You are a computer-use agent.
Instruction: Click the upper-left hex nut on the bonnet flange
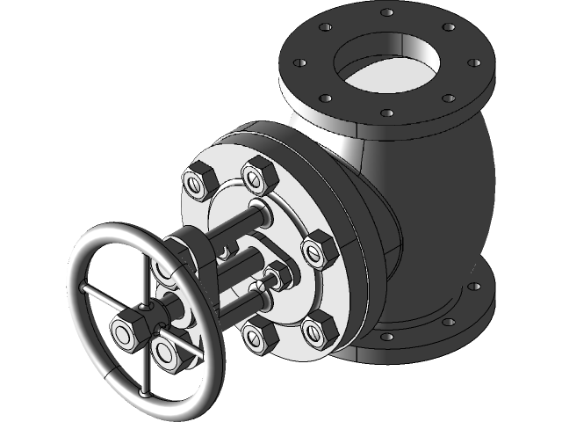[x=195, y=182]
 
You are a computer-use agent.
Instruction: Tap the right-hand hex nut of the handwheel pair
[x=165, y=349]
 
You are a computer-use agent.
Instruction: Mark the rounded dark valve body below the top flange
[x=430, y=193]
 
